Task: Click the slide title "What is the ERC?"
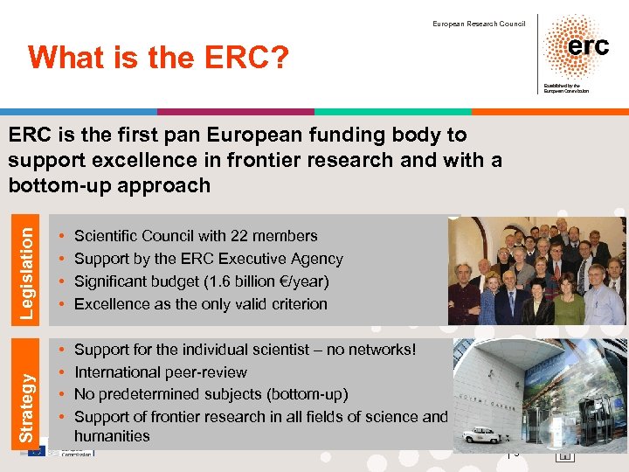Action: [x=158, y=59]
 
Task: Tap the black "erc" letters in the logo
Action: [x=588, y=46]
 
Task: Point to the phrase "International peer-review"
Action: [x=161, y=372]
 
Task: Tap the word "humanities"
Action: [x=112, y=435]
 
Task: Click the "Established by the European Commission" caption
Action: [x=565, y=87]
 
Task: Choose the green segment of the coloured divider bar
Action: [x=392, y=112]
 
